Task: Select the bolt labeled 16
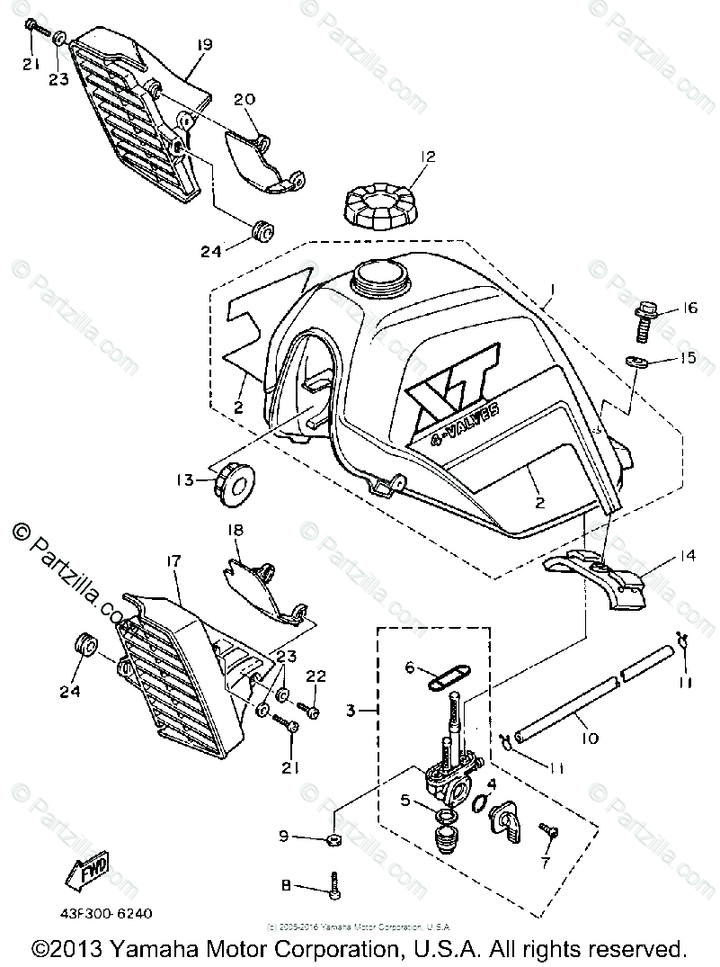coord(644,319)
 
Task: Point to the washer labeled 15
coord(636,362)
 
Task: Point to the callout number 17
coord(173,561)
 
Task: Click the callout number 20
coord(245,98)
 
